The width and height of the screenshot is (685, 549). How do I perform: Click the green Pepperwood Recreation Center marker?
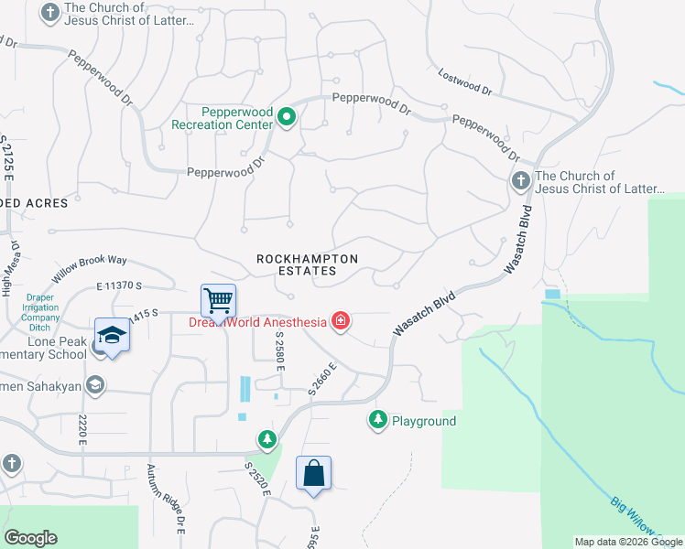click(x=286, y=117)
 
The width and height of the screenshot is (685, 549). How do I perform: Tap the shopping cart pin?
click(x=218, y=300)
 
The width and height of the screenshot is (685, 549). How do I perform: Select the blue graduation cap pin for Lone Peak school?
click(x=112, y=335)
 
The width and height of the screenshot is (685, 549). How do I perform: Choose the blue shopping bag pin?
click(x=313, y=474)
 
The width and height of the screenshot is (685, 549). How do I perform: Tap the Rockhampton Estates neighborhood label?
click(x=307, y=264)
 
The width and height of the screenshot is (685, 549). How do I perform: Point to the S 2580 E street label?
click(x=280, y=351)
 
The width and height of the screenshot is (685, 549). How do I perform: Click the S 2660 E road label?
click(x=322, y=378)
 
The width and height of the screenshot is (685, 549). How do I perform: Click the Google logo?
click(x=30, y=538)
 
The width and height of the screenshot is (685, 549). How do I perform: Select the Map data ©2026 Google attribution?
click(x=628, y=542)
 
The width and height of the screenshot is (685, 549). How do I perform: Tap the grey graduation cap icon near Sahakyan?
click(x=95, y=385)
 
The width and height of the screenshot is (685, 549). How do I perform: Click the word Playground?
click(x=424, y=421)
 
